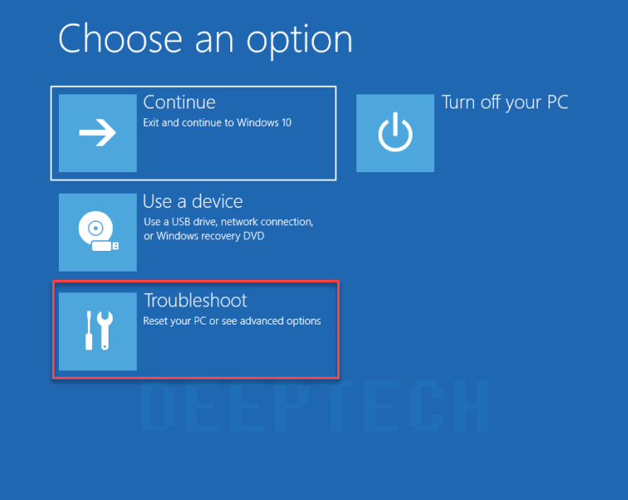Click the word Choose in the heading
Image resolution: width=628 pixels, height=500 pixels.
coord(121,39)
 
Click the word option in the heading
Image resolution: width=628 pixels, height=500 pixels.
coord(299,41)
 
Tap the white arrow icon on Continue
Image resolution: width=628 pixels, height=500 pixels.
coord(98,132)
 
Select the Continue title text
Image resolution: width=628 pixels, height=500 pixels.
coord(180,102)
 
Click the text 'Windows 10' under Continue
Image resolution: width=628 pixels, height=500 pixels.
coord(264,123)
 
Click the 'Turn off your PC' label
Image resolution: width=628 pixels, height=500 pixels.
coord(505,103)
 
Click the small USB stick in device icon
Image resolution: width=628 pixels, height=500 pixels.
coord(105,246)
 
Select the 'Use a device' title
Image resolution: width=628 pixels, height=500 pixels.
coord(193,201)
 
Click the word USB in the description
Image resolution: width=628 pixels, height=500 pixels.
coord(181,222)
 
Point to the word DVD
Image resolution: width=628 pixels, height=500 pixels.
coord(254,236)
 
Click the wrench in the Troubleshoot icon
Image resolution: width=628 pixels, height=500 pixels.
coord(105,330)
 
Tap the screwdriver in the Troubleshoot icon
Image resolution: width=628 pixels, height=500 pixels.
coord(89,330)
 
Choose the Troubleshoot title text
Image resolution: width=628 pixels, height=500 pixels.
coord(196,300)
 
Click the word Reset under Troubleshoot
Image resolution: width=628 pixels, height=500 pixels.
coord(154,321)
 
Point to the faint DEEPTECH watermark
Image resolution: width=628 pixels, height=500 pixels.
coord(314,406)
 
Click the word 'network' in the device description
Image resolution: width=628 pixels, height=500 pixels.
coord(239,222)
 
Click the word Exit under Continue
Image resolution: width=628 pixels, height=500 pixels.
coord(151,123)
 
